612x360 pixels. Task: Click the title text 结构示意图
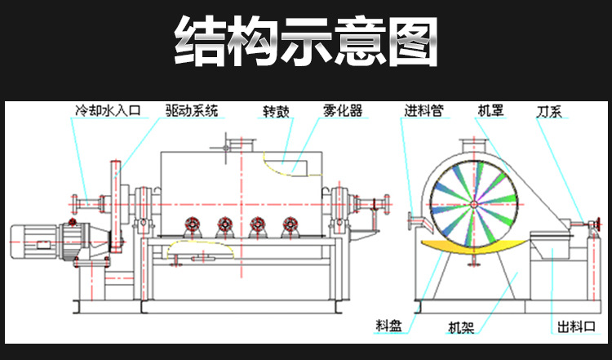click(x=306, y=42)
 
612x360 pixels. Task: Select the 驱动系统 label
click(x=192, y=109)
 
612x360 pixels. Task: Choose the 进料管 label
click(x=424, y=109)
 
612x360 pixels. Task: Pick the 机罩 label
click(x=490, y=109)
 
